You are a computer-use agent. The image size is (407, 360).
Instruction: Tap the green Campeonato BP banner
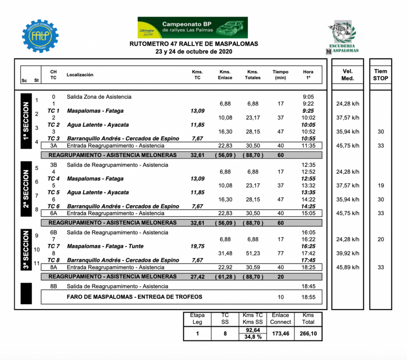point(192,27)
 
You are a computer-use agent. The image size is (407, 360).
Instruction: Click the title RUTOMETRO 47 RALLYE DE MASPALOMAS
point(194,44)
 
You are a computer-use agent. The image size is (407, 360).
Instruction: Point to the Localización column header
point(80,75)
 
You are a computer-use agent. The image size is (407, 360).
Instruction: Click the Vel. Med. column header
point(347,75)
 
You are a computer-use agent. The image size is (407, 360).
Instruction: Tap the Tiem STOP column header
point(380,75)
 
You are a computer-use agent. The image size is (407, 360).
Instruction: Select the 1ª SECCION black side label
point(26,121)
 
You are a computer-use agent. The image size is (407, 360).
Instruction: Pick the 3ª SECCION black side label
point(26,249)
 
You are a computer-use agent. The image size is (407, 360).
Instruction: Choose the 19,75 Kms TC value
point(198,246)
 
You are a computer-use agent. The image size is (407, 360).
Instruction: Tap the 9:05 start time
point(308,97)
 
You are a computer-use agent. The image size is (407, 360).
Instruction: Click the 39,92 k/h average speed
point(347,253)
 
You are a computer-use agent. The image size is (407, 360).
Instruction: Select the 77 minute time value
point(281,253)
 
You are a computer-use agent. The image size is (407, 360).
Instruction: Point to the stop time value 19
point(380,186)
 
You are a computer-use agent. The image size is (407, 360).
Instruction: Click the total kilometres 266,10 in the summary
point(308,333)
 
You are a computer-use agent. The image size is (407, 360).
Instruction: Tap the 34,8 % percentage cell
point(253,337)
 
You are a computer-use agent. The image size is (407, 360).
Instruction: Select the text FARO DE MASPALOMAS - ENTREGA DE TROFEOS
point(134,297)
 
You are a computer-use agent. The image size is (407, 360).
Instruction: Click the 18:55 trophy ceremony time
point(308,297)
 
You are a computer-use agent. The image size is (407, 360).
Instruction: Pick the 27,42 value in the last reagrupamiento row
point(198,276)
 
